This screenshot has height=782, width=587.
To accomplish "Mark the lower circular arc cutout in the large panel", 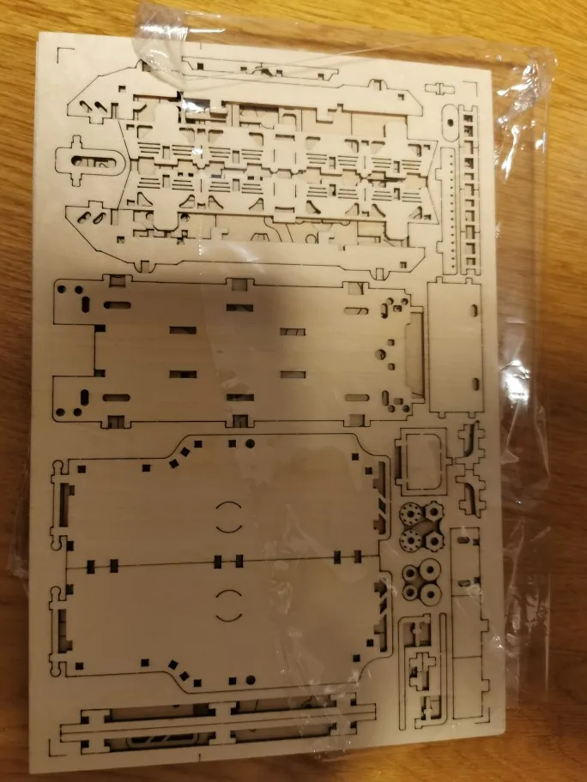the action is coord(228,605).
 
